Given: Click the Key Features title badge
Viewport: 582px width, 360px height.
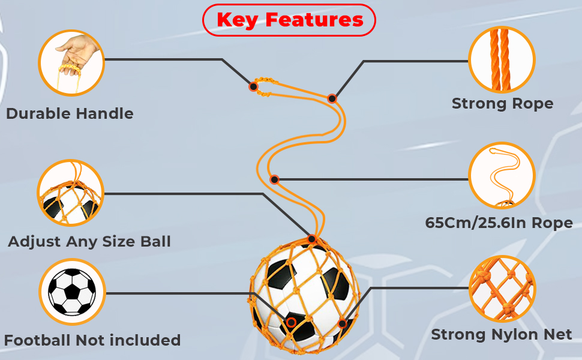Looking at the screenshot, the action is [289, 20].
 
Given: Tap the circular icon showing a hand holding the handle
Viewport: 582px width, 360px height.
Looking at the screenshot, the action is [71, 63].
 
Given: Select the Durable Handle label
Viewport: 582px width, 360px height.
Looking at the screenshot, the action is [70, 113].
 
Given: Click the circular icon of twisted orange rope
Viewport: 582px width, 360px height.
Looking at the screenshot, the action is [501, 59].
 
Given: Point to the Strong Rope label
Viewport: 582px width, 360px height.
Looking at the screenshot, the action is [502, 104].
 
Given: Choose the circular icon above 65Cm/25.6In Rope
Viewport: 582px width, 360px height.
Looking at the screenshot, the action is [501, 175].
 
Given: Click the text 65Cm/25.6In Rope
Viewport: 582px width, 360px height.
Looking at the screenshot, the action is [499, 223].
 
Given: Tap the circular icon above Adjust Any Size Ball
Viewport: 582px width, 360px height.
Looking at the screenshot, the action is [71, 193].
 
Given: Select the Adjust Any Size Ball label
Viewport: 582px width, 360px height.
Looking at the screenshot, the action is [89, 242].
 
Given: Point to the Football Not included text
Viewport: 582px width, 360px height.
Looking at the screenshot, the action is [92, 340].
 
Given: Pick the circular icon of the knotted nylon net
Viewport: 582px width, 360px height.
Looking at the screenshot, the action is [502, 289].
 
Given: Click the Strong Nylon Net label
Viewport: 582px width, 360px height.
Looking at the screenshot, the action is [502, 334].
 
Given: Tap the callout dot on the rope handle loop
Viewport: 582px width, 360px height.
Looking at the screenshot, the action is [253, 86].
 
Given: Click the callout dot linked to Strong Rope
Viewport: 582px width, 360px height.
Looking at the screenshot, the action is [332, 98].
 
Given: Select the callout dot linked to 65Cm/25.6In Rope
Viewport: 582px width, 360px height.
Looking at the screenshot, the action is [274, 179].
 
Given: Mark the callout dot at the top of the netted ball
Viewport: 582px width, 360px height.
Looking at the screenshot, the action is [311, 239].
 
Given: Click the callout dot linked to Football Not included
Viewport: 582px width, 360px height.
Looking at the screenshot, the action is [291, 322].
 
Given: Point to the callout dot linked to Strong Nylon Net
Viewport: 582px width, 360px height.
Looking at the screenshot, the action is [342, 323].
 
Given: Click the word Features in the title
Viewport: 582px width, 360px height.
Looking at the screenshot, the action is [314, 20].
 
